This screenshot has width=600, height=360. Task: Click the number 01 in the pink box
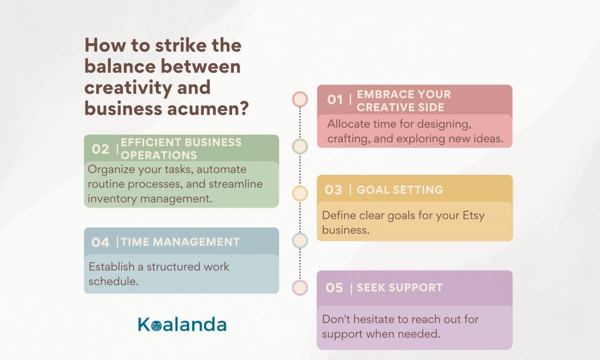pos(335,100)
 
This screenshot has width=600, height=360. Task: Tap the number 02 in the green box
pos(100,148)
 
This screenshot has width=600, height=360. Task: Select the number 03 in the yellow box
pos(333,189)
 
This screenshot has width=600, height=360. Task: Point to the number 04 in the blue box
pos(100,242)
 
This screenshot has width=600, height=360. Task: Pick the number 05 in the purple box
pos(335,288)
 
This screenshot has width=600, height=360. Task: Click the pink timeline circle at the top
pos(300,99)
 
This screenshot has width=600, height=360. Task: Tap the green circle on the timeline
pos(300,147)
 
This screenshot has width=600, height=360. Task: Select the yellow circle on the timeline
pos(300,193)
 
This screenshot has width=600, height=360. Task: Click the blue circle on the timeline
pos(300,240)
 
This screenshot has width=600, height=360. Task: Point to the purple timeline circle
pos(300,288)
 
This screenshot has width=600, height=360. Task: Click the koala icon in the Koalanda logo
pos(156,326)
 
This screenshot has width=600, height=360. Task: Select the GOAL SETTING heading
pos(400,189)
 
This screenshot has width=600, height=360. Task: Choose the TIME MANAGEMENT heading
pos(180,242)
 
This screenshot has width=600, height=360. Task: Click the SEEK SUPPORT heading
pos(400,288)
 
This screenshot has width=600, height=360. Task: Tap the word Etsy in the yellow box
pos(473,216)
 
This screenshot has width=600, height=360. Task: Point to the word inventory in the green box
pos(112,199)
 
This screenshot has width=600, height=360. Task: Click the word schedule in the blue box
pos(112,281)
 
